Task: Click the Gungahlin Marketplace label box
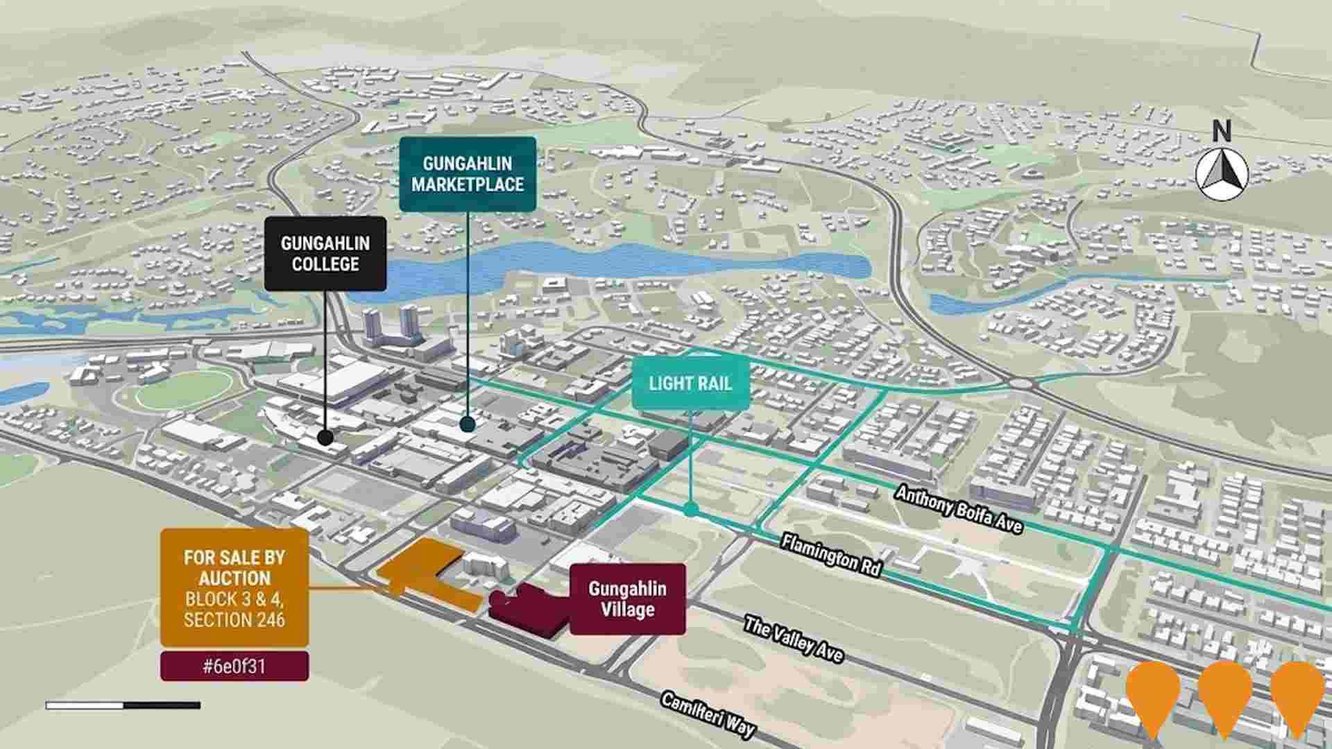pos(468,174)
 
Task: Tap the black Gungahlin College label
pos(325,254)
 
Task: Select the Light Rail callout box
pos(690,383)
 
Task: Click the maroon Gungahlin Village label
pos(627,599)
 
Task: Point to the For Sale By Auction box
pos(234,588)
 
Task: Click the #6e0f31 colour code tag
pos(234,666)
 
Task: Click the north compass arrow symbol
pos(1222,174)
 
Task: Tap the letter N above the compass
pos(1222,130)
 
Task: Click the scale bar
pos(123,705)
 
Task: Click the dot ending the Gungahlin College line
pos(325,438)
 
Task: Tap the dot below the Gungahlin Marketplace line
pos(468,424)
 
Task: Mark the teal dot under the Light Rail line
pos(690,510)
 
